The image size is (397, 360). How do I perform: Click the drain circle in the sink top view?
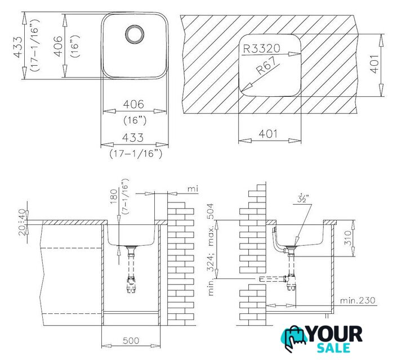[135, 34]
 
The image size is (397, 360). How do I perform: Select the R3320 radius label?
[261, 48]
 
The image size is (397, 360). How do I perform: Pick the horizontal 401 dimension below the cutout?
[268, 133]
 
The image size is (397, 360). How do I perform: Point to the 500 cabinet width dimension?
[131, 340]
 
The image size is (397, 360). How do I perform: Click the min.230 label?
[358, 300]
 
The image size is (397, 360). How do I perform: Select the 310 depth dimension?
[349, 238]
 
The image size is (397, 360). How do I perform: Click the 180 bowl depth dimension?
[114, 196]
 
